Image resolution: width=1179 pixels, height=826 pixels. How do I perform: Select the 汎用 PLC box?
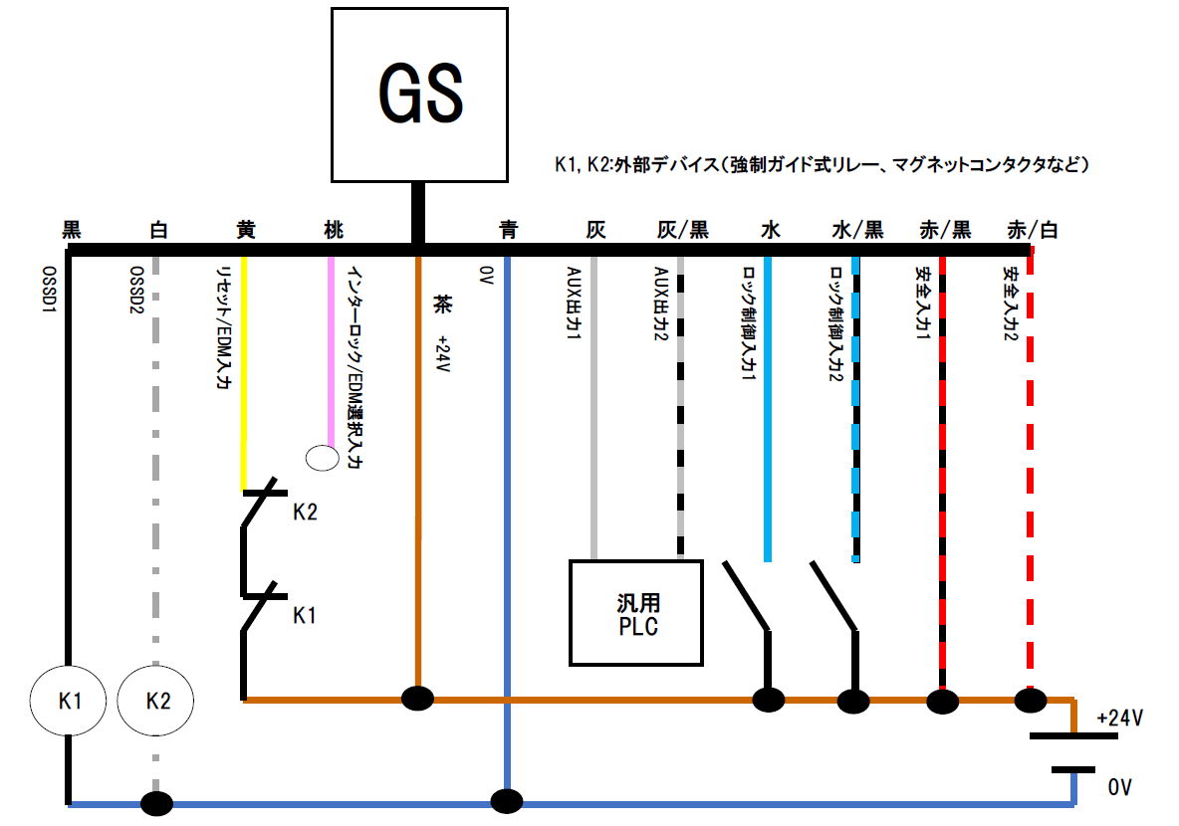(x=636, y=612)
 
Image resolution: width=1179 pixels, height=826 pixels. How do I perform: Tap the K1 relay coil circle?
(x=68, y=700)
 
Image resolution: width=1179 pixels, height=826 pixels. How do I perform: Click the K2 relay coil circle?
(x=156, y=700)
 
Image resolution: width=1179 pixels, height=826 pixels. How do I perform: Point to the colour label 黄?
(x=245, y=230)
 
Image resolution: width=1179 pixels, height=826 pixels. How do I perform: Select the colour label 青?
(x=508, y=230)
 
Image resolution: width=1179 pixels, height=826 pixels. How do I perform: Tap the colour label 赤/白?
(x=1032, y=230)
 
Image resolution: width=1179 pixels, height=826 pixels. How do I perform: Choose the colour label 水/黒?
(x=856, y=230)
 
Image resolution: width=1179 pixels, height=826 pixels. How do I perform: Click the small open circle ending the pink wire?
(x=322, y=457)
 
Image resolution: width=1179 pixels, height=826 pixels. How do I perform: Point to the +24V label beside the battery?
(x=1118, y=718)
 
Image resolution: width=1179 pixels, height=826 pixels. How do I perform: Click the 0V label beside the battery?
(x=1119, y=787)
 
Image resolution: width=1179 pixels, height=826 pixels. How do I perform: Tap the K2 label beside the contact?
(x=305, y=513)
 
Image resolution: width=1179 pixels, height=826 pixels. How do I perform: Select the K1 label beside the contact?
(x=305, y=616)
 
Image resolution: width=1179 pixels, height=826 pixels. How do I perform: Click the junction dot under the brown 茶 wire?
(x=417, y=698)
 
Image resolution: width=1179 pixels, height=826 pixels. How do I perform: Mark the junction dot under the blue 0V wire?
(x=507, y=801)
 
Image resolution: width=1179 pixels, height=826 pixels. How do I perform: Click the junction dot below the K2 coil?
(x=156, y=803)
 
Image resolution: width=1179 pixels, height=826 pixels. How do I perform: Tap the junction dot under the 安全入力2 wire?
(x=1030, y=701)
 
